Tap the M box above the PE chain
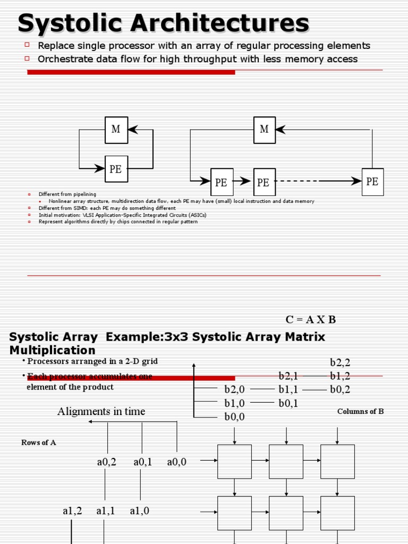(x=264, y=130)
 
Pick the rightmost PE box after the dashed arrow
(x=372, y=182)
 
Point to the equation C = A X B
(x=311, y=320)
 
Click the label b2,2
(x=341, y=363)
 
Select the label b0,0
(x=234, y=417)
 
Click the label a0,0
(x=177, y=462)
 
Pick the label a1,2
(x=72, y=511)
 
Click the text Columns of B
(x=360, y=412)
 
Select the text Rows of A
(x=39, y=443)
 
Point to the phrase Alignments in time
(x=101, y=412)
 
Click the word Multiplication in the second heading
(x=53, y=351)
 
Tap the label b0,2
(x=341, y=390)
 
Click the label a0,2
(x=106, y=462)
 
